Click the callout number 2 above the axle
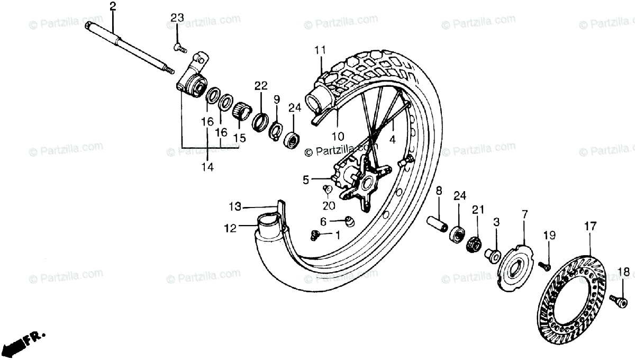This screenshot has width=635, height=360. [113, 6]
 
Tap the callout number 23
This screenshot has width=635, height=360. [177, 18]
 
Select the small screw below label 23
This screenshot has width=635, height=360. [179, 48]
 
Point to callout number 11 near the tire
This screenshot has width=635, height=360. [319, 51]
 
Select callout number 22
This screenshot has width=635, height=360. [261, 86]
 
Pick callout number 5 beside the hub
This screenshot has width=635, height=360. [306, 180]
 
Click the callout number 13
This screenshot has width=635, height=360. [235, 206]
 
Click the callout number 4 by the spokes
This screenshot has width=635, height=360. [392, 140]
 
